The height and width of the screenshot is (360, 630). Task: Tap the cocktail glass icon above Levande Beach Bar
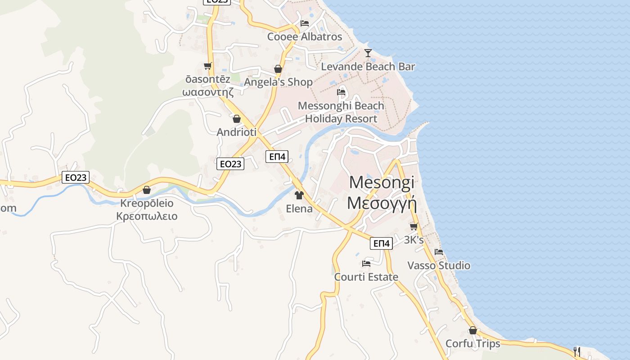coord(368,53)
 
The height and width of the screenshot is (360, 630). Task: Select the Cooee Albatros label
coord(305,37)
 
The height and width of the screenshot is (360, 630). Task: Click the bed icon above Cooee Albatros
coord(305,23)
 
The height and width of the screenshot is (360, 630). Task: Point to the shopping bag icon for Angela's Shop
coord(278,69)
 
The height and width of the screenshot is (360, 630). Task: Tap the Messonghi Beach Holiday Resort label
coord(341,112)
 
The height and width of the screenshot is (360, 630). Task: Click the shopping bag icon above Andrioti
coord(237,119)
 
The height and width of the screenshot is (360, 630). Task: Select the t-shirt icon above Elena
coord(299,195)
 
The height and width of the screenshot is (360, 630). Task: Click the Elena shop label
coord(299,209)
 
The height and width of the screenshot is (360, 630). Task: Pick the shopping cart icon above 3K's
coord(414,226)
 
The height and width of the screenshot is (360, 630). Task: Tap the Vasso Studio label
coord(439,265)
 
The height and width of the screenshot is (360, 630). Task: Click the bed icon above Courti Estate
coord(366,263)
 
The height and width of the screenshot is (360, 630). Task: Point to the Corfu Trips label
coord(472,344)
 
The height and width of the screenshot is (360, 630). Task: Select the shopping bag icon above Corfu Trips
coord(472,331)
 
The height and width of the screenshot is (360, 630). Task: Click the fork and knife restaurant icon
coord(577,351)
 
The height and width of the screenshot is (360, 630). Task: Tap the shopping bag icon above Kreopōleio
coord(147,190)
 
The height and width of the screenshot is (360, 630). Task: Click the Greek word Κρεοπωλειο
coord(147,216)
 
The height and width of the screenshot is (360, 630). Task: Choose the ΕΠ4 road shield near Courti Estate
coord(382,243)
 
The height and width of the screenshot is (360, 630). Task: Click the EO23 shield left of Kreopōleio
coord(76,177)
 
